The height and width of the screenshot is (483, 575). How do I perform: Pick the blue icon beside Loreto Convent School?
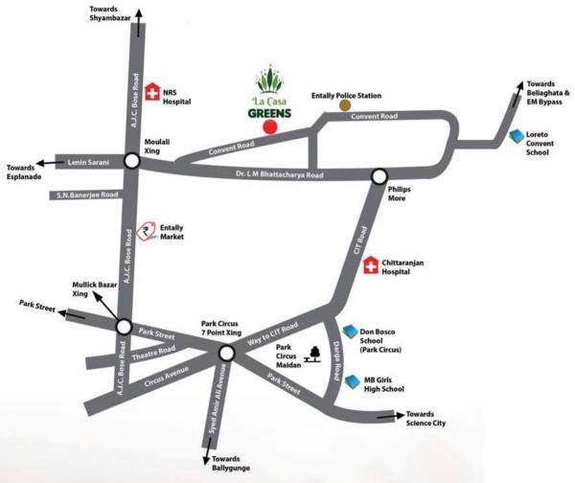[x=517, y=137]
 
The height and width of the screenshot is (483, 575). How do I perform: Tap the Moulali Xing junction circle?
[x=130, y=162]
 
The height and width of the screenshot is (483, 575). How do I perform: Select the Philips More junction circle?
[x=379, y=176]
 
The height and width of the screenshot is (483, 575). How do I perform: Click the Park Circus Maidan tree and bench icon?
[x=312, y=357]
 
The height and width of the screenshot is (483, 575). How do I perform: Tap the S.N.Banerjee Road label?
[x=86, y=195]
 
